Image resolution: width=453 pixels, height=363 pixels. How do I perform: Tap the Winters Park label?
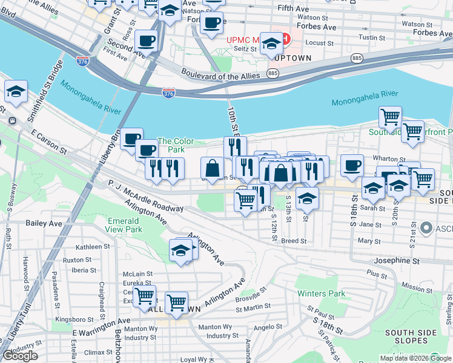[x=321, y=293]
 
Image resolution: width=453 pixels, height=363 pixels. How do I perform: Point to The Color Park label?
[x=176, y=145]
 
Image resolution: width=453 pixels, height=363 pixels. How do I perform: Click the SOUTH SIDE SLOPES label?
[x=412, y=337]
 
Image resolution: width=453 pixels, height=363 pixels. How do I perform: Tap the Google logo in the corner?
[x=20, y=356]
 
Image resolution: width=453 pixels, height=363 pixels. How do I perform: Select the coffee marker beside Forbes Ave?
[x=211, y=23]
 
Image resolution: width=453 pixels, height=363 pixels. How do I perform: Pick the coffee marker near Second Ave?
[x=146, y=41]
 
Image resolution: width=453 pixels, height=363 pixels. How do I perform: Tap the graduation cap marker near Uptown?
[x=272, y=44]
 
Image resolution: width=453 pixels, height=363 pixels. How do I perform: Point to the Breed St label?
[x=294, y=240]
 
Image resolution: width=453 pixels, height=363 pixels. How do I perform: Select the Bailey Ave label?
[x=44, y=223]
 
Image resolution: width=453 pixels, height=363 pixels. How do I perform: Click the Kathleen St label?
[x=93, y=247]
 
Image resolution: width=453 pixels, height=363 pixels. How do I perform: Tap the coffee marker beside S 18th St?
[x=352, y=165]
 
